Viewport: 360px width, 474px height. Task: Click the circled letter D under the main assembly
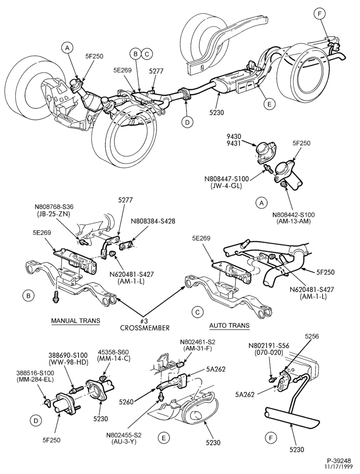[187, 122]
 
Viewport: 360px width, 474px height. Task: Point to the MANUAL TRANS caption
[75, 320]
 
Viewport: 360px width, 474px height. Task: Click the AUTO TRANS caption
[230, 326]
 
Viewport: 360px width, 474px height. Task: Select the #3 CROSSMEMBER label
[145, 324]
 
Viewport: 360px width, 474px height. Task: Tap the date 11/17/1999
[338, 467]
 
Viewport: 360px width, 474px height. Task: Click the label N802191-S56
[269, 346]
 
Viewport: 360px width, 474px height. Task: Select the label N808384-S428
[153, 221]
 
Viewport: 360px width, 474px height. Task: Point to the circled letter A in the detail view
[261, 203]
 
